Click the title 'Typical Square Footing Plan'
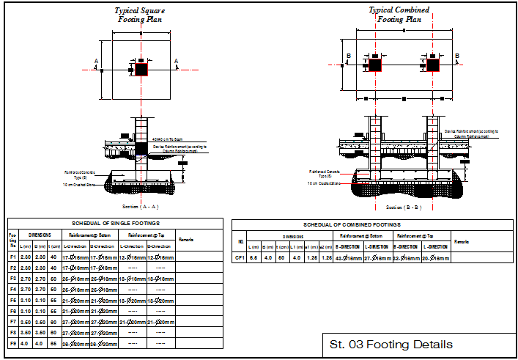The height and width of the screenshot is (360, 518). tap(140, 15)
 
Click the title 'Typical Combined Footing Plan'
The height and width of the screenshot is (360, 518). tap(399, 15)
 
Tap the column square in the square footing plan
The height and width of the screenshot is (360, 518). tap(141, 69)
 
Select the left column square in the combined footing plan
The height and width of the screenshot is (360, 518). tap(374, 65)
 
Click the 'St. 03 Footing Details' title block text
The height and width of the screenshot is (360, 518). tap(391, 345)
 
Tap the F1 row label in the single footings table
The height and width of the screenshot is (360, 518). tap(12, 257)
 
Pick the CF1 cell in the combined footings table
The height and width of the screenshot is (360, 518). tap(239, 258)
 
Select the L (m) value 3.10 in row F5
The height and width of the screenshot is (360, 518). tap(25, 300)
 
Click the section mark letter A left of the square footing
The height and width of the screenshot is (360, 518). tap(96, 62)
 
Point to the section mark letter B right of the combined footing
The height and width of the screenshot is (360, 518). tap(458, 56)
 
